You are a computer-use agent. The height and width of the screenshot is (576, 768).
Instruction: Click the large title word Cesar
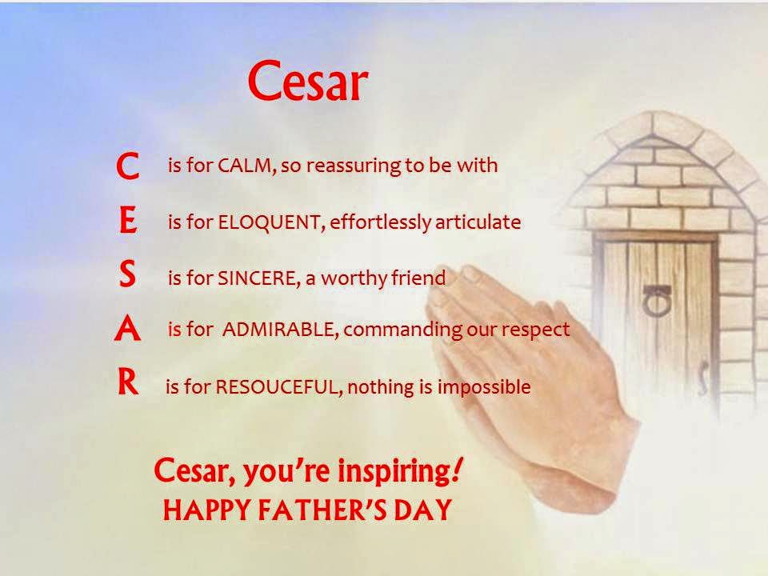pyautogui.click(x=307, y=82)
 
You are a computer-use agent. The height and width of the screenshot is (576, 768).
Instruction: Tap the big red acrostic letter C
pyautogui.click(x=128, y=166)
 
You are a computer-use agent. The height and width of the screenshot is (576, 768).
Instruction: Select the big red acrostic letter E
pyautogui.click(x=128, y=221)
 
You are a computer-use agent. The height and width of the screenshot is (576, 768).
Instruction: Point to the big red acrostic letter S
pyautogui.click(x=127, y=274)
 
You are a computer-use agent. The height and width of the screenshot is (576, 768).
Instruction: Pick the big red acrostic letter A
pyautogui.click(x=127, y=328)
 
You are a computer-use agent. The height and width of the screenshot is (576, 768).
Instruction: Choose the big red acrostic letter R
pyautogui.click(x=128, y=382)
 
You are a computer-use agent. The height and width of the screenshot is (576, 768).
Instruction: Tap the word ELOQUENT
pyautogui.click(x=269, y=222)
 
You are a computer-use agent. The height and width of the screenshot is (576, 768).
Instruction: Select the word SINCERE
pyautogui.click(x=256, y=278)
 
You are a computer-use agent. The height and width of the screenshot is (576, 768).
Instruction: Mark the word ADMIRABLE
pyautogui.click(x=278, y=329)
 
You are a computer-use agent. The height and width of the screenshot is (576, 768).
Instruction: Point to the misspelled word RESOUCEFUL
pyautogui.click(x=277, y=387)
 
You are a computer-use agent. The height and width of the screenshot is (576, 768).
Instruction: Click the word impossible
pyautogui.click(x=484, y=387)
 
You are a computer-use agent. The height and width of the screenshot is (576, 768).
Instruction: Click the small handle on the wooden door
pyautogui.click(x=703, y=377)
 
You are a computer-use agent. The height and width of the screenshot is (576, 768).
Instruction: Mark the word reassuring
pyautogui.click(x=352, y=166)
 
